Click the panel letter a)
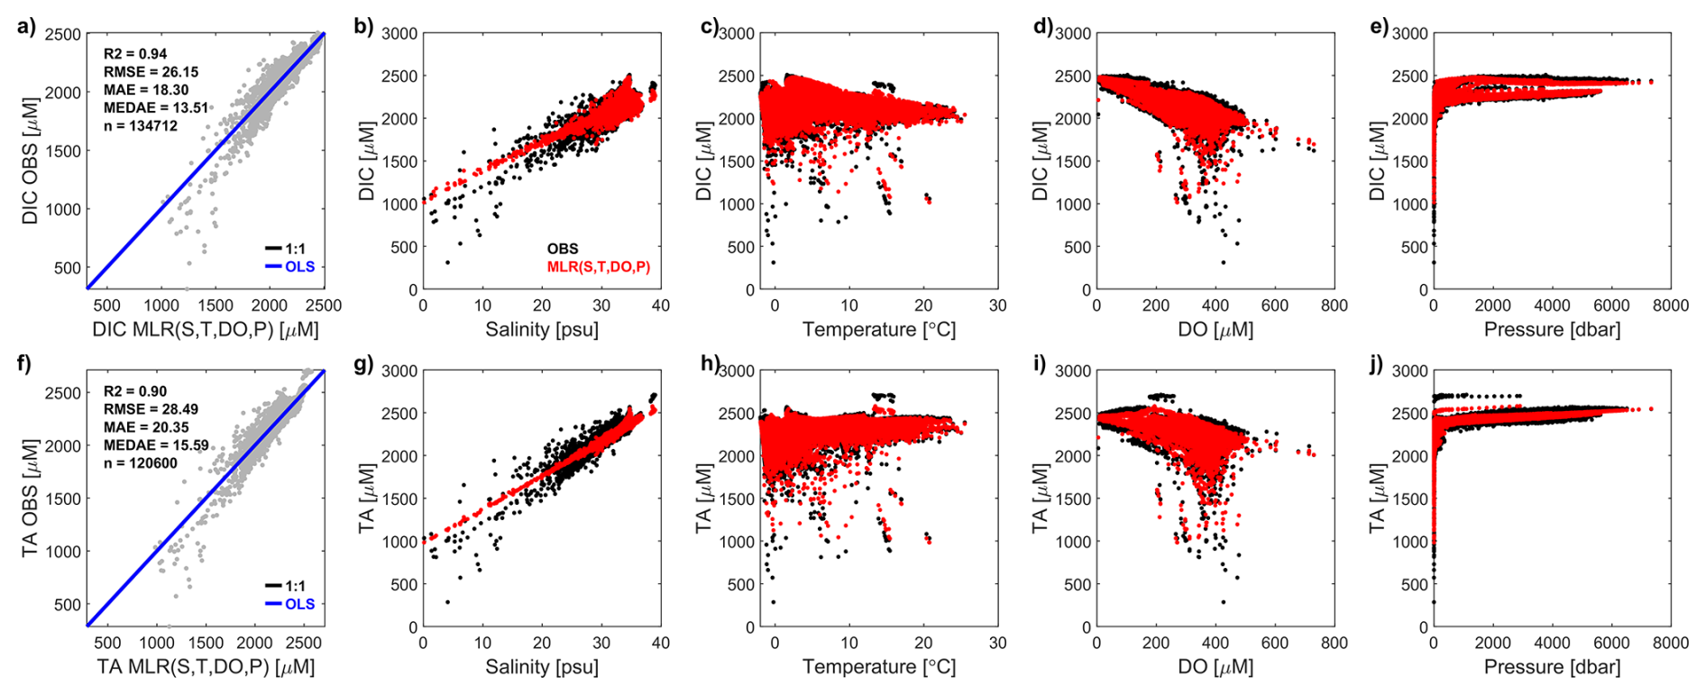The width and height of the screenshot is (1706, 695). tap(26, 25)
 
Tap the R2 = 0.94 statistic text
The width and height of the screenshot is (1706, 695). tap(135, 54)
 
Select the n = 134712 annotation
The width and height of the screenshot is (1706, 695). tap(141, 126)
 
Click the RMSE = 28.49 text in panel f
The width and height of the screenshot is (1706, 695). tap(151, 409)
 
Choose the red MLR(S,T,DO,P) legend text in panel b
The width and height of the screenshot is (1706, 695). tap(598, 267)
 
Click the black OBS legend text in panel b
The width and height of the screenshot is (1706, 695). tap(563, 249)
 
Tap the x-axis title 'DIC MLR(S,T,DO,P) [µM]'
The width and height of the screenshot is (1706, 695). tap(206, 330)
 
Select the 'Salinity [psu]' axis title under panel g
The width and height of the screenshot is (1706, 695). tap(542, 667)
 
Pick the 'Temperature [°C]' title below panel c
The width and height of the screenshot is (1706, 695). tap(879, 330)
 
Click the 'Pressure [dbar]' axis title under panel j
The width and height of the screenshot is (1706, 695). tap(1552, 667)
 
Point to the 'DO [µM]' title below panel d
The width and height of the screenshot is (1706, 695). tap(1215, 330)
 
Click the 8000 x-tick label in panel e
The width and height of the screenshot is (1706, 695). tap(1670, 306)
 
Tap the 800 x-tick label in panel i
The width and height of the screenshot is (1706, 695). tap(1334, 644)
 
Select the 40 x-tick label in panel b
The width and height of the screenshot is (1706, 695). tap(660, 306)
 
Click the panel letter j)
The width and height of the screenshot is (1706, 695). tap(1379, 364)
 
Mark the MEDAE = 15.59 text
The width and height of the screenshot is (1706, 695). tap(156, 445)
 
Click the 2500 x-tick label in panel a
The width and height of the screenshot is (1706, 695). tap(324, 306)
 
